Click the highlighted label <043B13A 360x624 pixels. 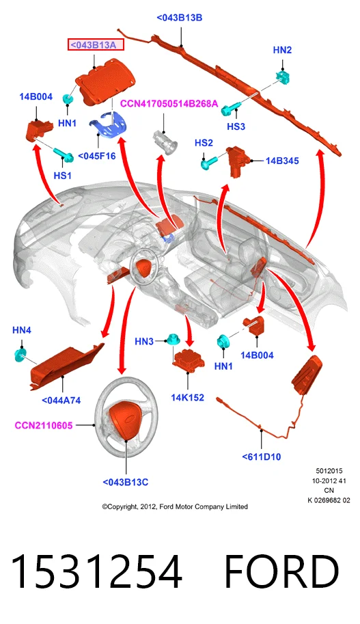pyautogui.click(x=96, y=45)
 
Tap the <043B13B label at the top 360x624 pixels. pyautogui.click(x=180, y=18)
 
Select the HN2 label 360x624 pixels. pyautogui.click(x=282, y=50)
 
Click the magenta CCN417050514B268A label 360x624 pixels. pyautogui.click(x=169, y=104)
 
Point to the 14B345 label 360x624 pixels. pyautogui.click(x=282, y=161)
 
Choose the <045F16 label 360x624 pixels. pyautogui.click(x=97, y=156)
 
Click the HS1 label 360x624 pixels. pyautogui.click(x=62, y=176)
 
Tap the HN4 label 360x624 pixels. pyautogui.click(x=22, y=330)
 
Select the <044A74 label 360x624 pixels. pyautogui.click(x=61, y=401)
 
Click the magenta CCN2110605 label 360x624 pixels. pyautogui.click(x=44, y=425)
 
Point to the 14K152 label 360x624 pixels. pyautogui.click(x=187, y=398)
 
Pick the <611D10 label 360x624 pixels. pyautogui.click(x=262, y=457)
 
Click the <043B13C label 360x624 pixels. pyautogui.click(x=125, y=483)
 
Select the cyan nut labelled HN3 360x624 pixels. pyautogui.click(x=172, y=340)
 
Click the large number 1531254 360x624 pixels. pyautogui.click(x=96, y=571)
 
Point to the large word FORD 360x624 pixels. pyautogui.click(x=281, y=571)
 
